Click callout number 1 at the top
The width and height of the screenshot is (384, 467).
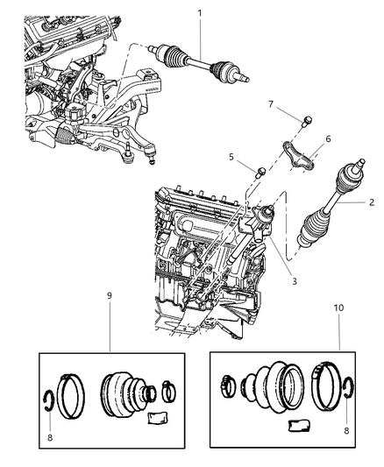pos(201,13)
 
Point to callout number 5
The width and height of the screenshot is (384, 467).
pos(232,158)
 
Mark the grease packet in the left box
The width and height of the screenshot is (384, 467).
pos(157,418)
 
